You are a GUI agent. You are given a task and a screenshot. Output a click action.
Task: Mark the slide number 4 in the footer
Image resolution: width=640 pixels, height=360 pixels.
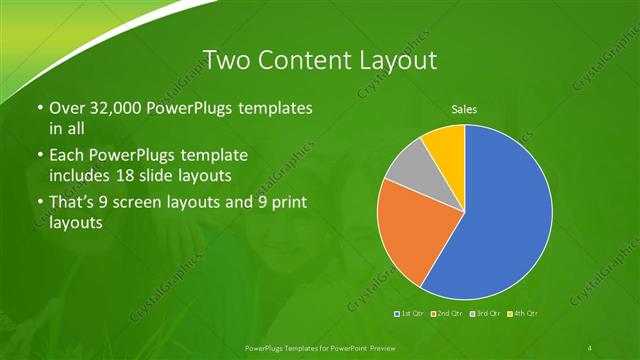pyautogui.click(x=590, y=347)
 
